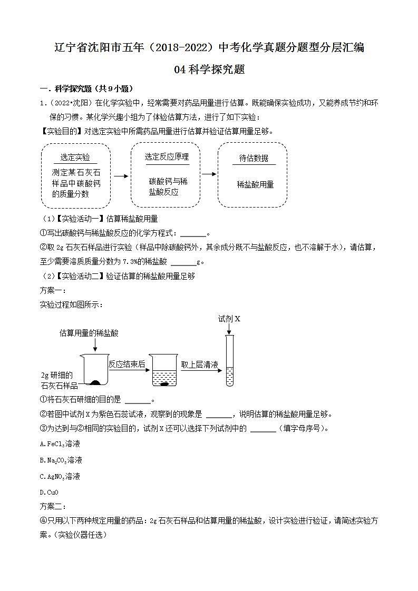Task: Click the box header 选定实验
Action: click(75, 157)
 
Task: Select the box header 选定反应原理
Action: click(167, 156)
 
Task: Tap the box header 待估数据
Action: click(254, 158)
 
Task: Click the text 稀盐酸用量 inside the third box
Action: click(255, 184)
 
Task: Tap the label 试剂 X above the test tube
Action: click(229, 319)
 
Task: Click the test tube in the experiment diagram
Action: click(229, 361)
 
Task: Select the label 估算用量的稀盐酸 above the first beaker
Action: click(89, 333)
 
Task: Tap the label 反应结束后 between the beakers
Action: click(127, 364)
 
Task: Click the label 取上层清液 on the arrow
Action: click(199, 364)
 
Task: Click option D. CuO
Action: click(49, 492)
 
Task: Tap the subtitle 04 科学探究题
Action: click(209, 69)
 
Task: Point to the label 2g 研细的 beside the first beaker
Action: click(56, 375)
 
